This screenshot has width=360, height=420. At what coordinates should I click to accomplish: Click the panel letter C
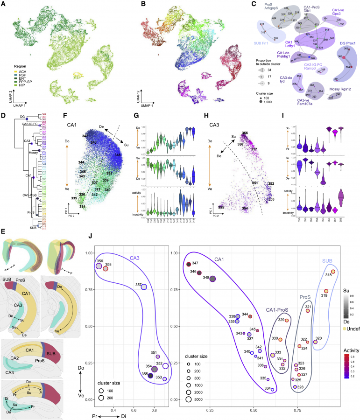[253, 4]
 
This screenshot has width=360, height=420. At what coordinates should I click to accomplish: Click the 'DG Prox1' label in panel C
[344, 43]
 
